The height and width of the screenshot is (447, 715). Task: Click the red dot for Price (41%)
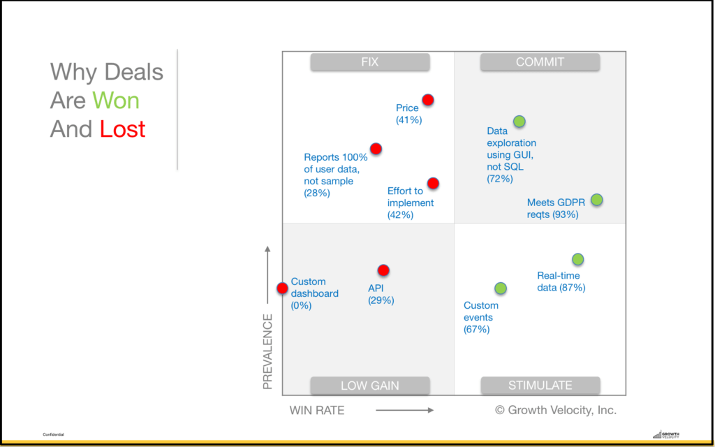point(428,100)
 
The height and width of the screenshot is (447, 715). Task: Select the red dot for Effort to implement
point(433,183)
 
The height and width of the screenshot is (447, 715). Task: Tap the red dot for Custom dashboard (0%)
point(282,288)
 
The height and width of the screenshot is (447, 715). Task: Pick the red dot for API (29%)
point(383,270)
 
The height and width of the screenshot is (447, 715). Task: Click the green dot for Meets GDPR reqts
point(596,200)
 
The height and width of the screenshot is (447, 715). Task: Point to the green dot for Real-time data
point(577,259)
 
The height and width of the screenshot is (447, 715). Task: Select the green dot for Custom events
point(500,288)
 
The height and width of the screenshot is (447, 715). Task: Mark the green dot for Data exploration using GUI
point(519,122)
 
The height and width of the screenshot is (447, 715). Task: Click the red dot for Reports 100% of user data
point(376,148)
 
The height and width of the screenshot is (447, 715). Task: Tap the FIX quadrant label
point(370,62)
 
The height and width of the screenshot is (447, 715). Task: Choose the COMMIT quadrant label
point(540,62)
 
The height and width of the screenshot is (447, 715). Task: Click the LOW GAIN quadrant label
point(370,386)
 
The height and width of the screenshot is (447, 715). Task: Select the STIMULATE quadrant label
point(540,386)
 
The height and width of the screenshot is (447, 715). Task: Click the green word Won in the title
point(116,101)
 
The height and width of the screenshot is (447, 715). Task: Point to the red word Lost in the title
point(122,129)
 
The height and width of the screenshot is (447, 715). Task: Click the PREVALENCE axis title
point(267,351)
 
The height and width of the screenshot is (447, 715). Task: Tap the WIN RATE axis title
point(317,411)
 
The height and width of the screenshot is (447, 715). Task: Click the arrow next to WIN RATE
point(404,411)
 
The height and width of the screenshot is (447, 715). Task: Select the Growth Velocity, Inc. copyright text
point(556,410)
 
